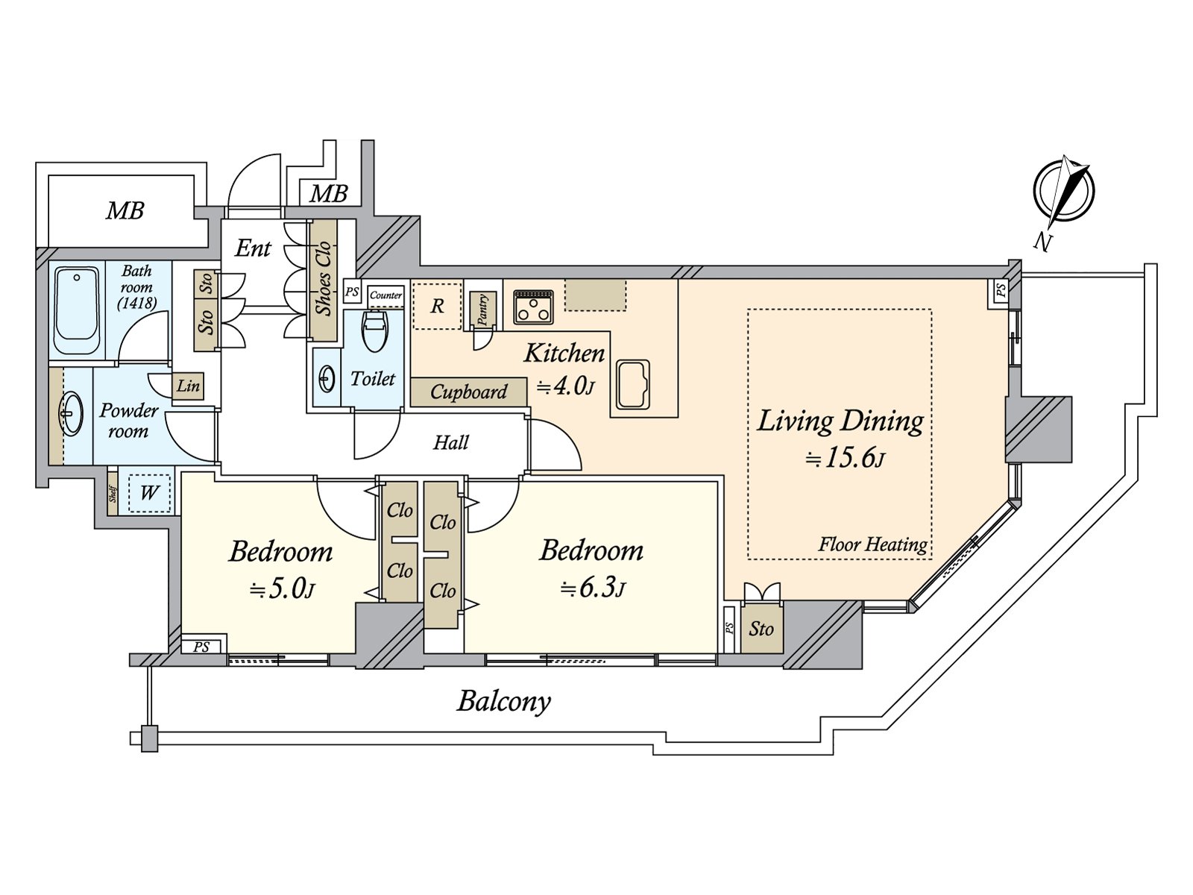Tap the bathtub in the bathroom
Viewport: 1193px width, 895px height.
click(77, 311)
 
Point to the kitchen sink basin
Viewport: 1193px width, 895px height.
click(632, 384)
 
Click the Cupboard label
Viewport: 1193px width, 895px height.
click(468, 392)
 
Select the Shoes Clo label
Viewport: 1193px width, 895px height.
click(323, 278)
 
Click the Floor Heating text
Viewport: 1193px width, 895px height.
click(872, 544)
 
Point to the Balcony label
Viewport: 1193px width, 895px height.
click(504, 701)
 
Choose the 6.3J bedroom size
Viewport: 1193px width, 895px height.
click(593, 588)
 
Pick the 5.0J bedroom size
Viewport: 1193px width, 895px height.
click(282, 589)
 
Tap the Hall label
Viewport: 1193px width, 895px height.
click(450, 443)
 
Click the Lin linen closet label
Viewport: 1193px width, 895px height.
click(188, 386)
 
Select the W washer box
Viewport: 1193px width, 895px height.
click(149, 492)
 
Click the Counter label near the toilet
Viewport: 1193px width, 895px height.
click(385, 295)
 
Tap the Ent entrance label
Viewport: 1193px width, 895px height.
click(253, 248)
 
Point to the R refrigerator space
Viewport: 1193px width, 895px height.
click(438, 306)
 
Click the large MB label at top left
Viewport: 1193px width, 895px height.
click(125, 211)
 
